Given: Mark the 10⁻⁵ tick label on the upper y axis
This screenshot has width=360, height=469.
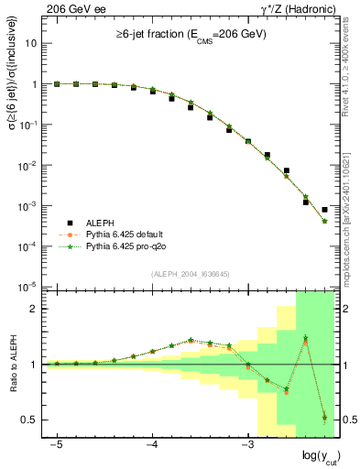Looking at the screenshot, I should [x=27, y=287].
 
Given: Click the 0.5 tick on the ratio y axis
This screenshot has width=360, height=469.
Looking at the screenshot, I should [x=28, y=420].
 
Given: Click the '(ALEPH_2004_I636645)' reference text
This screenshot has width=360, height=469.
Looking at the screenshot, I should [x=190, y=274].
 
